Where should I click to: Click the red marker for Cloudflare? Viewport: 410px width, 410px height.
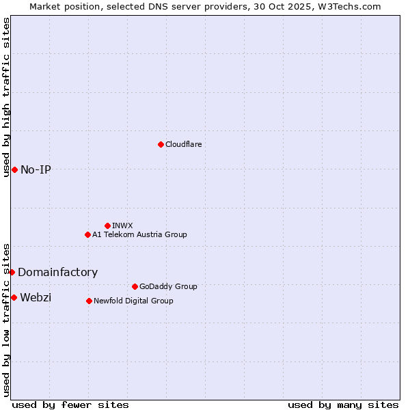161,144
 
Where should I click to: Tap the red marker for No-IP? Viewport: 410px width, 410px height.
14,169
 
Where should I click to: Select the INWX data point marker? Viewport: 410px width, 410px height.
107,225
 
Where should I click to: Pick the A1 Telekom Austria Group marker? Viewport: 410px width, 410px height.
87,234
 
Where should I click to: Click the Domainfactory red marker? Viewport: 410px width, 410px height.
12,272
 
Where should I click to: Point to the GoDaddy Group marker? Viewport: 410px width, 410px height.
135,286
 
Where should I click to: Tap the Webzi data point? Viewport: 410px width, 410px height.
14,297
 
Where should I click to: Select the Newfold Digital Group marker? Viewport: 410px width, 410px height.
89,301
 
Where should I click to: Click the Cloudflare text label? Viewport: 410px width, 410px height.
183,144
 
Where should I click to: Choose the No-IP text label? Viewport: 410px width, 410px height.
36,169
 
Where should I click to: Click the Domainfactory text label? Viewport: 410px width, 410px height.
57,272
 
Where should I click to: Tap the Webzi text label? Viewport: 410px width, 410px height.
36,297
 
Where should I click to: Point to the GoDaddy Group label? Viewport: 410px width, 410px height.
168,286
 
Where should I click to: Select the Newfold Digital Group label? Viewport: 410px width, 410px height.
133,301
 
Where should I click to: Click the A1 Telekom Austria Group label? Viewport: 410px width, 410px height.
139,234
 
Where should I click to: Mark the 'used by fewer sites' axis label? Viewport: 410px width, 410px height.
70,405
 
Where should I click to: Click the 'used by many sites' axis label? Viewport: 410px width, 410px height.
343,405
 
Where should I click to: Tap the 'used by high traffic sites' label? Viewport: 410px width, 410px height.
7,97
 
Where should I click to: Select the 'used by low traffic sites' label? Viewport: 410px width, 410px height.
7,319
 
